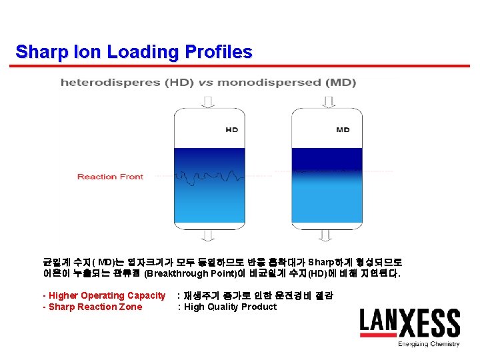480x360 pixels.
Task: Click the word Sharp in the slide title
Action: [x=39, y=52]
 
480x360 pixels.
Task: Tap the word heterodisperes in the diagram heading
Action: [x=101, y=83]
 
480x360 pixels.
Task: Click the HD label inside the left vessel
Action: [x=231, y=130]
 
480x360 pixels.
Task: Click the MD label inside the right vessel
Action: [x=343, y=130]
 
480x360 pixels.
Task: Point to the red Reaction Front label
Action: [x=110, y=177]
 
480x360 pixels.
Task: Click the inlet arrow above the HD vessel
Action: [x=208, y=101]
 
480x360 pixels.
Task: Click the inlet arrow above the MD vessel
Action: [x=327, y=101]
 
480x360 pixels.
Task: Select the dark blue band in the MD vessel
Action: [x=327, y=159]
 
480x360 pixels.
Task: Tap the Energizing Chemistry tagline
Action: [x=429, y=345]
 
